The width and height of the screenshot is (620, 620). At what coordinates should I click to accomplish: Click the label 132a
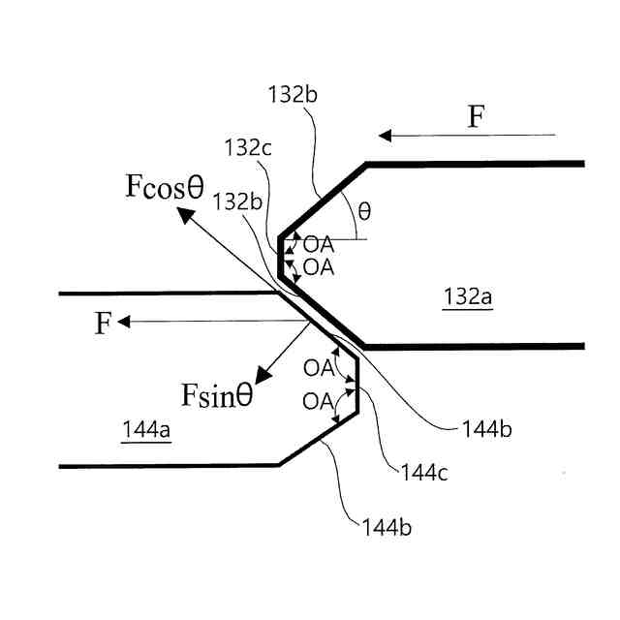(468, 296)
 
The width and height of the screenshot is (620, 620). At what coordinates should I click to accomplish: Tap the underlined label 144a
(146, 429)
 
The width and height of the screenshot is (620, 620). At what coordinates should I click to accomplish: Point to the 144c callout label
(422, 474)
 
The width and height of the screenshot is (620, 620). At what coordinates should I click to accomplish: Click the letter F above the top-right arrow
(476, 118)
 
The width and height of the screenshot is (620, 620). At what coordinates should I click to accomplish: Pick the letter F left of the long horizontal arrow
(103, 324)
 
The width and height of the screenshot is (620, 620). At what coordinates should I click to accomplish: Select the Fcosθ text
(165, 187)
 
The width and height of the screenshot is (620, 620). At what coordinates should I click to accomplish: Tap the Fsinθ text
(217, 395)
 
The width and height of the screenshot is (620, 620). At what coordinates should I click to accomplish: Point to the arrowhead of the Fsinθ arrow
(257, 379)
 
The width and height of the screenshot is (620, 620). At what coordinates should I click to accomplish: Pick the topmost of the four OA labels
(319, 246)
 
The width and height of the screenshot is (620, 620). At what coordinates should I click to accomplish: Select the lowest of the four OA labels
(319, 399)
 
